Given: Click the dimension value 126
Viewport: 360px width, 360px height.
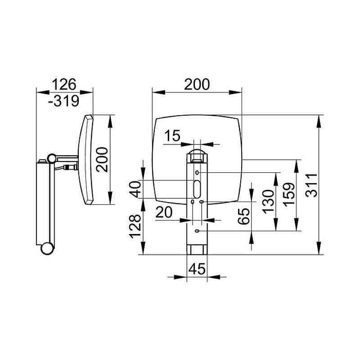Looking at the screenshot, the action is click(64, 84).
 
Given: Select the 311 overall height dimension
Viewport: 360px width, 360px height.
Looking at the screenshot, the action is click(311, 185).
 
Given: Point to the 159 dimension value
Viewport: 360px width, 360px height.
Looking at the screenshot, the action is click(288, 194).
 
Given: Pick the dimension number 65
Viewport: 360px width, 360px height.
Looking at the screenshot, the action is click(243, 216).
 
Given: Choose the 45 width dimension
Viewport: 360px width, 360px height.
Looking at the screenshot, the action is click(197, 269).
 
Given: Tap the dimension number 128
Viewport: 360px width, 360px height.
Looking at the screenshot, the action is click(135, 226).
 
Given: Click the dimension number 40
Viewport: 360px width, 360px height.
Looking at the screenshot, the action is click(135, 189).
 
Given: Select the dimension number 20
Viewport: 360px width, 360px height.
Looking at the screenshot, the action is click(164, 212).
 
